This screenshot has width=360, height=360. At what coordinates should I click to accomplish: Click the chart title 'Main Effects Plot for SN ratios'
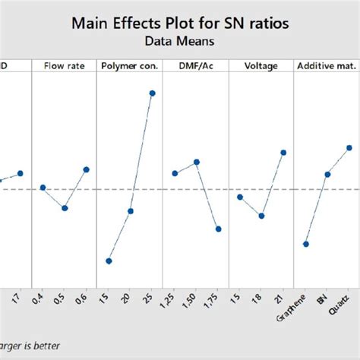(x=179, y=23)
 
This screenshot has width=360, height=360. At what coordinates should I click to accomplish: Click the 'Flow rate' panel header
(x=64, y=66)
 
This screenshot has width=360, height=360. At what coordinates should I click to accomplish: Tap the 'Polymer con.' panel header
(x=130, y=66)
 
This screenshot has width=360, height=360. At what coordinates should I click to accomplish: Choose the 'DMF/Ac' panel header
(x=196, y=66)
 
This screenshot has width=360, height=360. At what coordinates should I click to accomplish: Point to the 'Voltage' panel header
(x=261, y=66)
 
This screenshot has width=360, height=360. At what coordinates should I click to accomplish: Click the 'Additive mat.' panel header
(x=327, y=66)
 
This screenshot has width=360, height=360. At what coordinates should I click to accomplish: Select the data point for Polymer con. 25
(x=152, y=93)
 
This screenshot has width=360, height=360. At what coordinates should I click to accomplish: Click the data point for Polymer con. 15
(x=109, y=261)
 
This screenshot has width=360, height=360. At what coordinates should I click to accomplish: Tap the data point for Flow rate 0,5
(x=65, y=207)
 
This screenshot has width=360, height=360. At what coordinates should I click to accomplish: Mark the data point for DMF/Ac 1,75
(x=218, y=229)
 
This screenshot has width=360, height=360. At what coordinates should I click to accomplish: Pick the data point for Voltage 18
(x=261, y=216)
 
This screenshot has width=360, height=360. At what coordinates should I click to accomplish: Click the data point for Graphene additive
(x=305, y=244)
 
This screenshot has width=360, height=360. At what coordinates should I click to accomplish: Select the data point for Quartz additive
(x=349, y=147)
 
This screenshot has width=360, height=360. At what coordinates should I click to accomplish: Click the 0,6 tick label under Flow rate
(x=84, y=302)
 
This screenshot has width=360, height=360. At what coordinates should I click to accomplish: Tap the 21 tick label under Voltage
(x=282, y=299)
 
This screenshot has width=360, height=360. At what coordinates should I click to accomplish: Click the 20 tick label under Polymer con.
(x=129, y=299)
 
